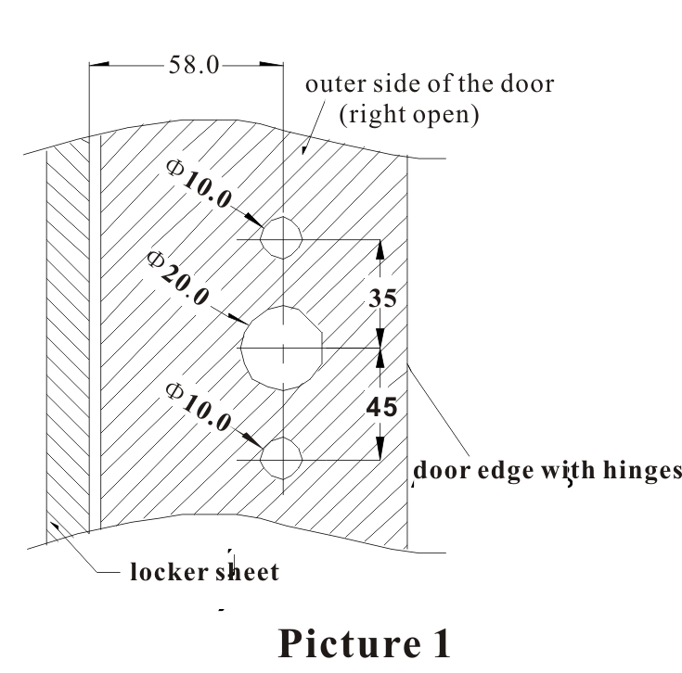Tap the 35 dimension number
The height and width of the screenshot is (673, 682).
pyautogui.click(x=382, y=298)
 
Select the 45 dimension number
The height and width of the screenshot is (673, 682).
pyautogui.click(x=382, y=405)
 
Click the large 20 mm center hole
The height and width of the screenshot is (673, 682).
pyautogui.click(x=281, y=348)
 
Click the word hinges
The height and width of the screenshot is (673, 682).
pyautogui.click(x=639, y=471)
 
